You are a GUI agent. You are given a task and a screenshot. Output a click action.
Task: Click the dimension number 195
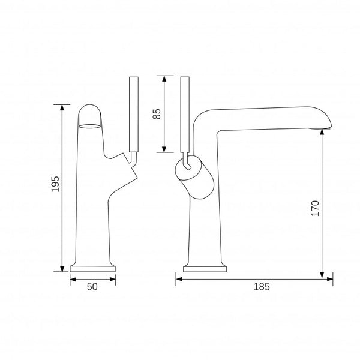[x=56, y=184]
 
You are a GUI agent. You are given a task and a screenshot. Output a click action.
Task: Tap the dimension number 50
[x=92, y=287]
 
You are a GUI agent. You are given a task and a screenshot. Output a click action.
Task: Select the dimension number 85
[x=157, y=113]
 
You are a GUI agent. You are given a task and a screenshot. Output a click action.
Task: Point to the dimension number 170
[x=315, y=208]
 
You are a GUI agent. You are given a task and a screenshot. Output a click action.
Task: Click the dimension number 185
[x=262, y=287]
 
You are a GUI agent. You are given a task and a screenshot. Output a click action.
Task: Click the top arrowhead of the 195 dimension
[x=62, y=107]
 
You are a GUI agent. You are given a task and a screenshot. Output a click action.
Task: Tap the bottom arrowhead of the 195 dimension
[x=62, y=269]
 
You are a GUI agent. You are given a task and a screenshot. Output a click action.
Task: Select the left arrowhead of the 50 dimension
[x=73, y=279]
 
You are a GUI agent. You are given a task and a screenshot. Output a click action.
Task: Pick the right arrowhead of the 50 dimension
[x=113, y=279]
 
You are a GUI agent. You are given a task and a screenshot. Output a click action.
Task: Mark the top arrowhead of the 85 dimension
[x=164, y=79]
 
